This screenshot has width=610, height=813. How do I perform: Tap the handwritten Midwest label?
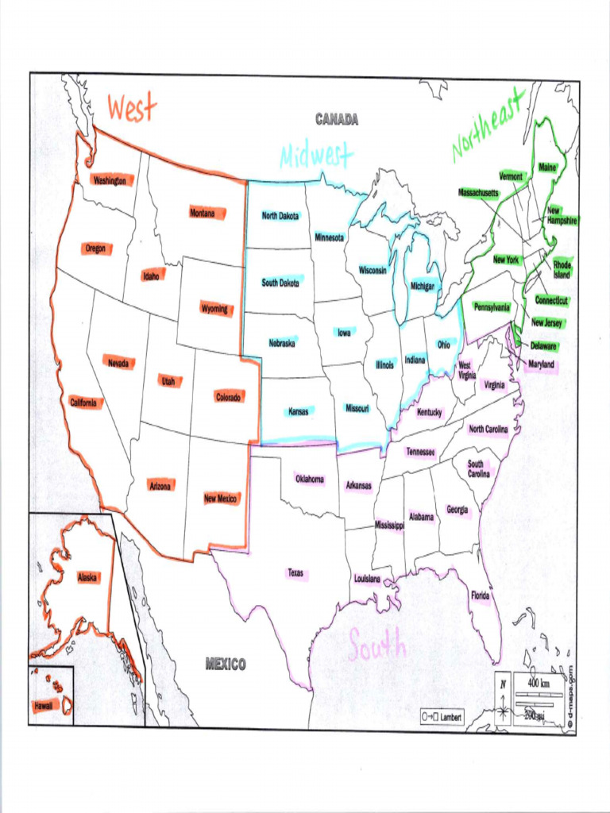click(316, 156)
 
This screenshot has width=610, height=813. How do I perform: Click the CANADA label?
click(337, 120)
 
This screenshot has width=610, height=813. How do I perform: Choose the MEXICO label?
click(226, 664)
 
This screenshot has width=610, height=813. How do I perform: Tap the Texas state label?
click(295, 572)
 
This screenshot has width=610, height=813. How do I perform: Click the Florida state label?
click(481, 595)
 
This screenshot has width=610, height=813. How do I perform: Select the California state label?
click(83, 403)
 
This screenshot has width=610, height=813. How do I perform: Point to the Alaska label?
click(87, 577)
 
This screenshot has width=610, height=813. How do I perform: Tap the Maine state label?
click(547, 168)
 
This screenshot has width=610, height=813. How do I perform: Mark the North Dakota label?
click(280, 216)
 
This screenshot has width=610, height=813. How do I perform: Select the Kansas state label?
click(299, 411)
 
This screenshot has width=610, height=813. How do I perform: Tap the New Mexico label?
click(221, 498)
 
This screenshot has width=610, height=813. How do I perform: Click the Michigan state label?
click(423, 286)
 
